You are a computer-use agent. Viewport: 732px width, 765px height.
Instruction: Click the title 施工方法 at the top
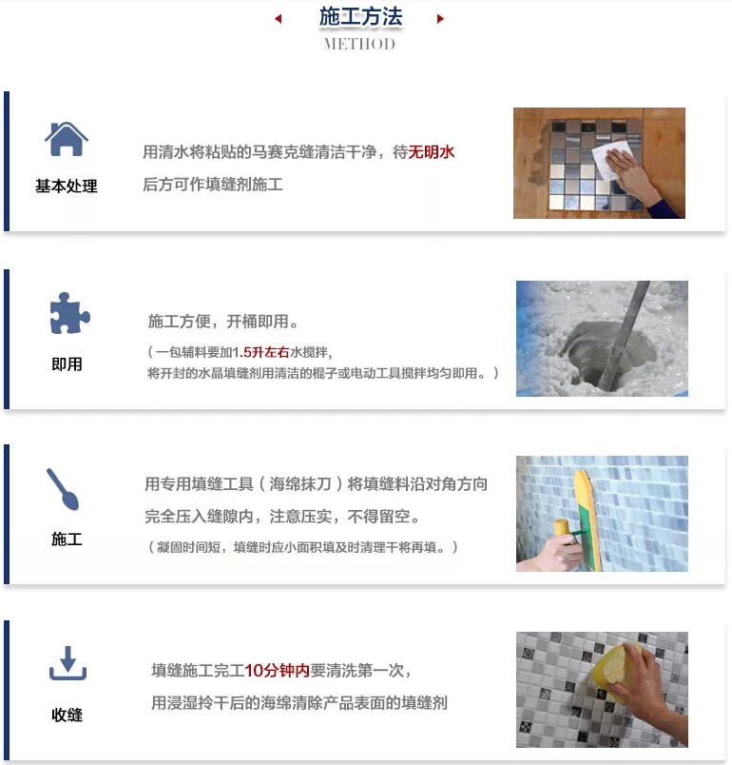pyautogui.click(x=360, y=16)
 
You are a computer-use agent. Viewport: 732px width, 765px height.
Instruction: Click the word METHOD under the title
pyautogui.click(x=359, y=44)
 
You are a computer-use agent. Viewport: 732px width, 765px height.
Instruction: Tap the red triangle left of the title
pyautogui.click(x=279, y=19)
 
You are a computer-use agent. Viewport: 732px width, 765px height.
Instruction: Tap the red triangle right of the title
pyautogui.click(x=440, y=19)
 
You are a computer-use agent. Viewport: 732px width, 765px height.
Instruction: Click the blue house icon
pyautogui.click(x=67, y=139)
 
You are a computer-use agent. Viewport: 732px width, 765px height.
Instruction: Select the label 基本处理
pyautogui.click(x=67, y=186)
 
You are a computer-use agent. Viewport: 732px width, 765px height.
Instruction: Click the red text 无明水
pyautogui.click(x=432, y=152)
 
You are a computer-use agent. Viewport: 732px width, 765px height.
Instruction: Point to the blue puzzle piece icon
pyautogui.click(x=69, y=313)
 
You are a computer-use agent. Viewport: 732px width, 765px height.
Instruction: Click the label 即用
pyautogui.click(x=67, y=364)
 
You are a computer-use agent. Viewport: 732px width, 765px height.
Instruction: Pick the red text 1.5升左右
pyautogui.click(x=260, y=352)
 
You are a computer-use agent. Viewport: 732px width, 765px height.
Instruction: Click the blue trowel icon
pyautogui.click(x=63, y=489)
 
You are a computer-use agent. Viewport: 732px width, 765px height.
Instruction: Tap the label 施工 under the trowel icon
pyautogui.click(x=67, y=539)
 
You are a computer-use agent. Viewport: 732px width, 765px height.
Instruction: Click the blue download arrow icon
pyautogui.click(x=67, y=663)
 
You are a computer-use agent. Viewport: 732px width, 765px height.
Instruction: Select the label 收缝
pyautogui.click(x=67, y=715)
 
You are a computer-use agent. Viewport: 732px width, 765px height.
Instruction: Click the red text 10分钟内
pyautogui.click(x=277, y=671)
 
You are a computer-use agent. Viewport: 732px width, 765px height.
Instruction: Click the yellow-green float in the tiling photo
pyautogui.click(x=588, y=519)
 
